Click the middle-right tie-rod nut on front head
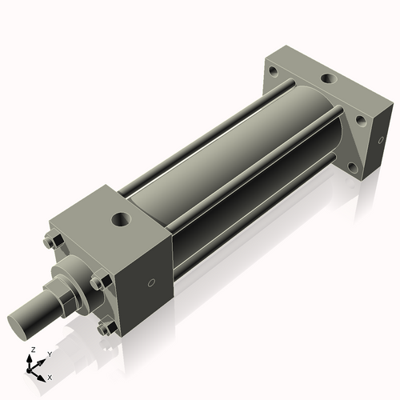[x=98, y=282]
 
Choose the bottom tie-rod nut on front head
[x=104, y=329]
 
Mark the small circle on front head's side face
[x=152, y=282]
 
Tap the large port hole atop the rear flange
[x=329, y=80]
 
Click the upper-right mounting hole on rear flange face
[x=360, y=122]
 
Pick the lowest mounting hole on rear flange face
[x=352, y=169]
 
